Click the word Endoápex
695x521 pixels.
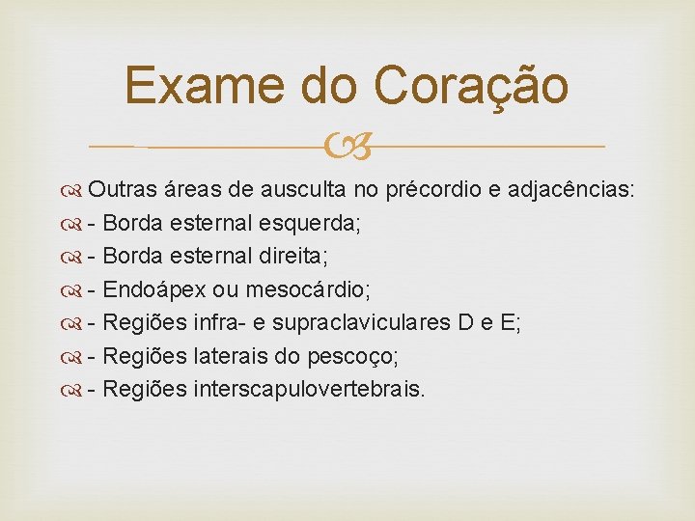coord(154,289)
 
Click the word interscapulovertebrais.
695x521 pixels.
coord(309,389)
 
